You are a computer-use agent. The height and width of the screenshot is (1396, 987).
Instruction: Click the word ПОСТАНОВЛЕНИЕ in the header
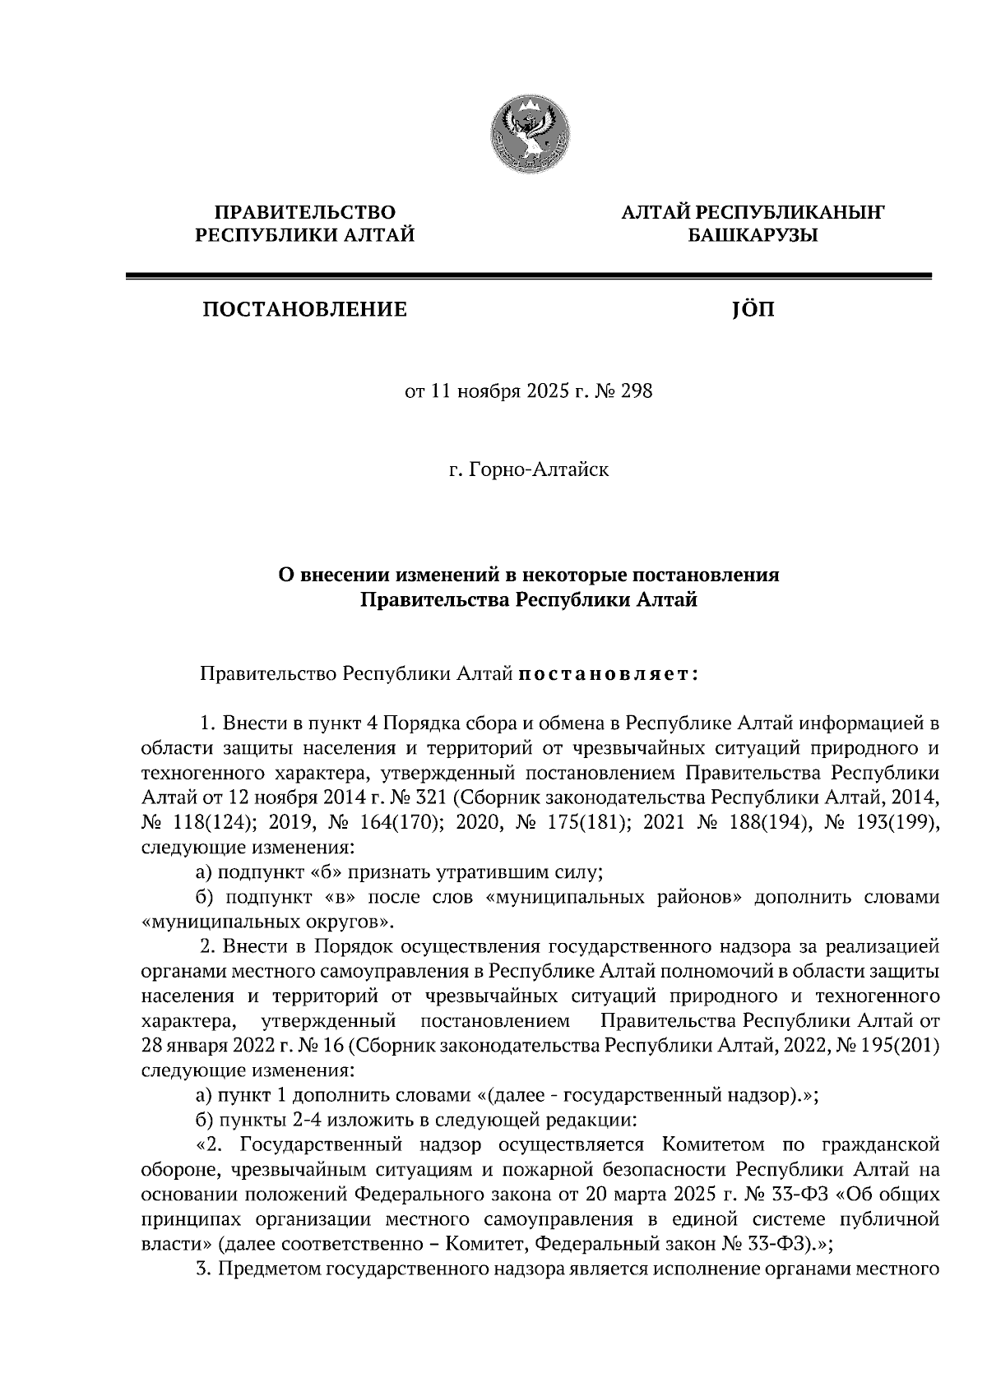click(x=305, y=310)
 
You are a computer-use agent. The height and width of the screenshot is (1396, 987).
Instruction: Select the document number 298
click(x=636, y=391)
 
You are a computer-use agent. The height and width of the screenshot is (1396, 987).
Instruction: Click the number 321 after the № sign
click(x=426, y=797)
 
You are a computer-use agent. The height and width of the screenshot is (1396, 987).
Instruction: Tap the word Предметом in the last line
click(x=270, y=1267)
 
